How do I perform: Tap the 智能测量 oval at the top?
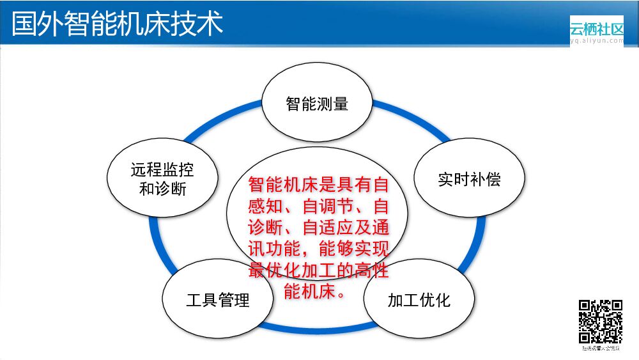pyautogui.click(x=317, y=103)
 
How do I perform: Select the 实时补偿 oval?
pyautogui.click(x=469, y=178)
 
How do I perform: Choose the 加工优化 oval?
pyautogui.click(x=419, y=299)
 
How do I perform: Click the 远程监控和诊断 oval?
pyautogui.click(x=162, y=179)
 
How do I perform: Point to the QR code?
pyautogui.click(x=600, y=322)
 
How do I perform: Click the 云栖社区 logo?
pyautogui.click(x=596, y=29)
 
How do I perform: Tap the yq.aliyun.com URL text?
pyautogui.click(x=596, y=40)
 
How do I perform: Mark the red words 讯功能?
pyautogui.click(x=272, y=249)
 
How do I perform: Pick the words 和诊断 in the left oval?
pyautogui.click(x=162, y=189)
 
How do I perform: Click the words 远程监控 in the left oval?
pyautogui.click(x=162, y=169)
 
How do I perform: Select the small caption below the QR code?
pyautogui.click(x=600, y=348)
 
